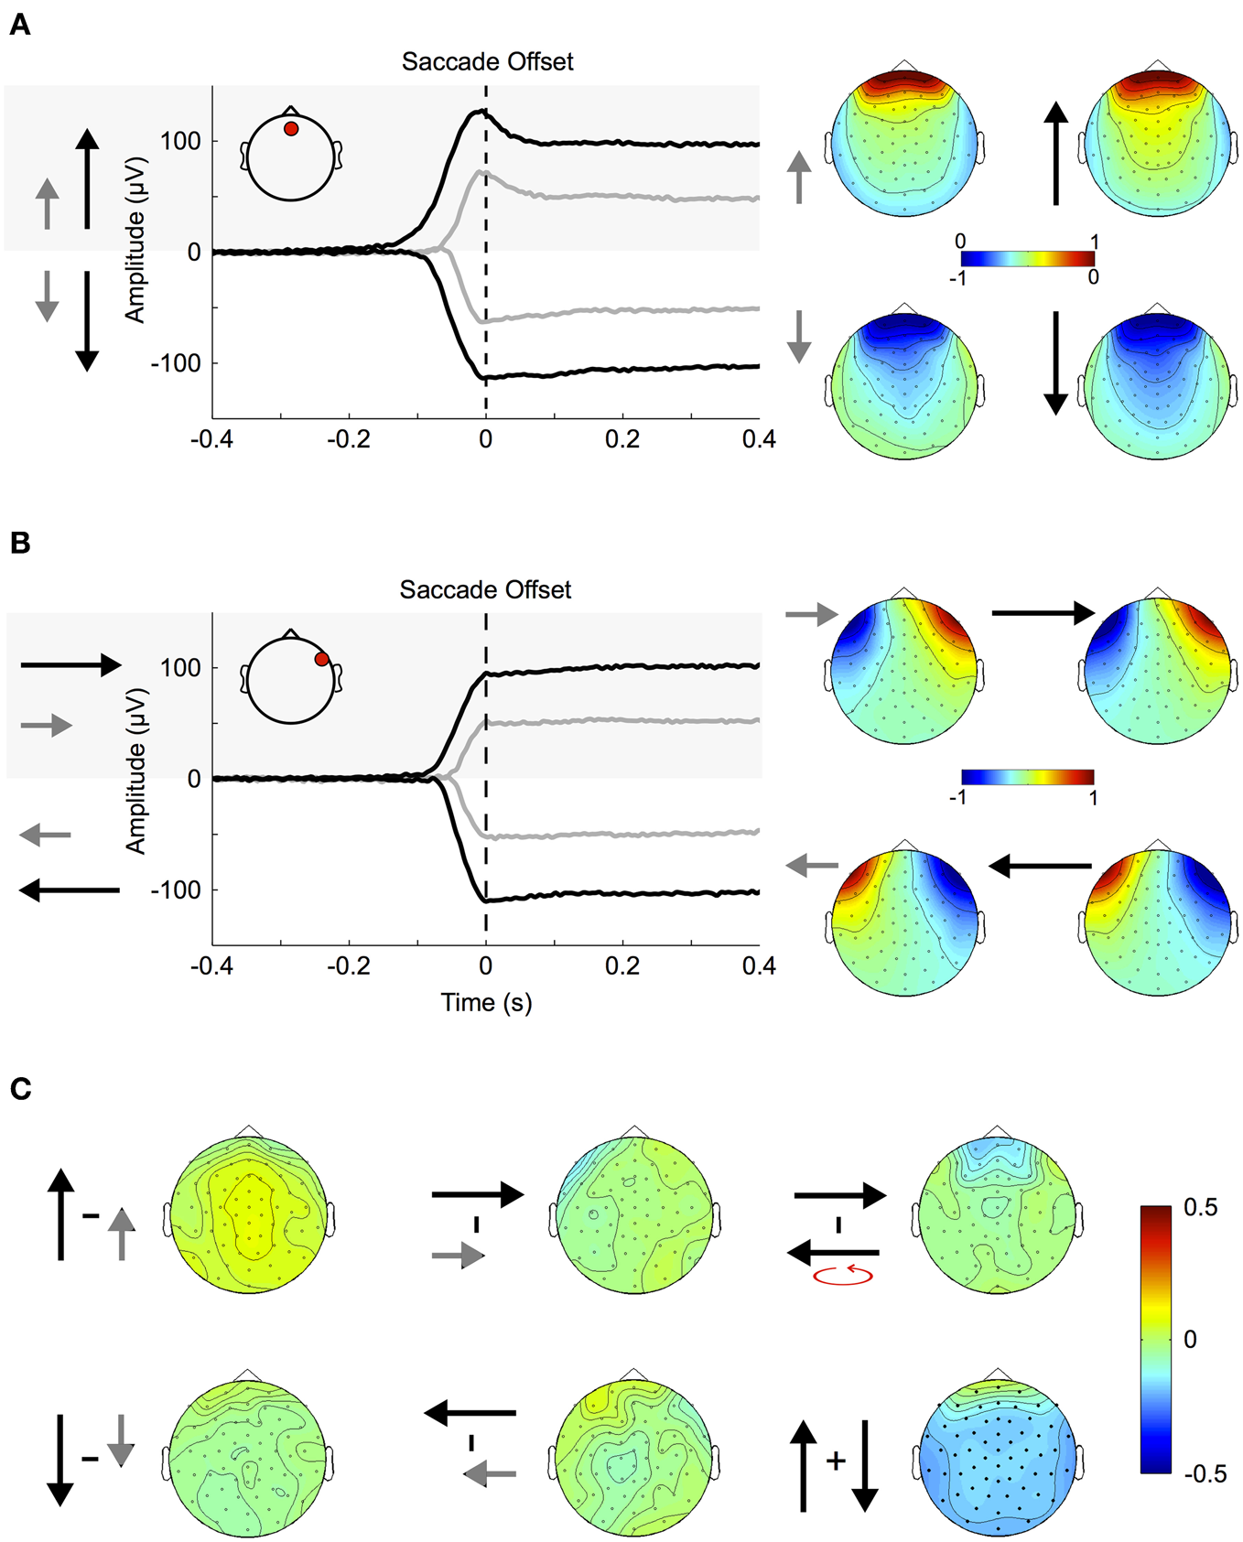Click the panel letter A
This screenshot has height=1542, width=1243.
pyautogui.click(x=19, y=26)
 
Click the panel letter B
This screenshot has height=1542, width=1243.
pyautogui.click(x=19, y=544)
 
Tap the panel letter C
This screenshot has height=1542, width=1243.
pyautogui.click(x=20, y=1089)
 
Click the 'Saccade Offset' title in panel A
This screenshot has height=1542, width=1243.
pyautogui.click(x=487, y=62)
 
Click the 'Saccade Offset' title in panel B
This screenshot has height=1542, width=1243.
pyautogui.click(x=485, y=590)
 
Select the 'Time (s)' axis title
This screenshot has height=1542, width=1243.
pyautogui.click(x=486, y=1003)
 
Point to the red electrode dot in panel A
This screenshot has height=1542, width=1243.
pyautogui.click(x=291, y=129)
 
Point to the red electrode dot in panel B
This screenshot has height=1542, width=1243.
pyautogui.click(x=321, y=659)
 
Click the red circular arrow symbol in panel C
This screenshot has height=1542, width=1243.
pyautogui.click(x=843, y=1274)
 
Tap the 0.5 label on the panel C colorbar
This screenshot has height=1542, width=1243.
pyautogui.click(x=1200, y=1208)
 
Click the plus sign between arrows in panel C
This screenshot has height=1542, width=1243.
pyautogui.click(x=835, y=1461)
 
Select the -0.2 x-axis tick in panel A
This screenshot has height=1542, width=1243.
pyautogui.click(x=349, y=440)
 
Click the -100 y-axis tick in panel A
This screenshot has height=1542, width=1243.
pyautogui.click(x=176, y=363)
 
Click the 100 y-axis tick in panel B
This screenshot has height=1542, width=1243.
pyautogui.click(x=180, y=668)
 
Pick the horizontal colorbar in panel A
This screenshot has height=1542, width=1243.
pyautogui.click(x=1027, y=259)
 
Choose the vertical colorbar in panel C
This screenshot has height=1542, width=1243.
pyautogui.click(x=1155, y=1340)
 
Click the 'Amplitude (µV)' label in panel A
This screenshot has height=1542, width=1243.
pyautogui.click(x=135, y=266)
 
